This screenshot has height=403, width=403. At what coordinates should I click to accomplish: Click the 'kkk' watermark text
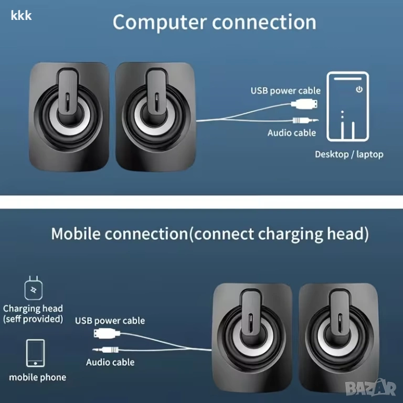pos(21,15)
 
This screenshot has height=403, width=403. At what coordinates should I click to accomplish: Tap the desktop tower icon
pos(348,107)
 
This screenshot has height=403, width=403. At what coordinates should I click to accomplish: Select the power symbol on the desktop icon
pos(359,89)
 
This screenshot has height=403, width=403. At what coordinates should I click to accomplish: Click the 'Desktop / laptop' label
pos(349,154)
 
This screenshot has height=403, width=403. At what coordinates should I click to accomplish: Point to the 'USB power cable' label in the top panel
pos(285,91)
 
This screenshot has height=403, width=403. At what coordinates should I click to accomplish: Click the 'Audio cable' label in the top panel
pos(292,133)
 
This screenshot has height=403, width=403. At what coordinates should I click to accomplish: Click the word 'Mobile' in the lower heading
pos(76,234)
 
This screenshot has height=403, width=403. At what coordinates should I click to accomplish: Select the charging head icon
pos(33,290)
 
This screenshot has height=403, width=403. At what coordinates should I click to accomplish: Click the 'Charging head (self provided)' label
pos(33,313)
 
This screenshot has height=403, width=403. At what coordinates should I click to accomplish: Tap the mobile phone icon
pos(36,353)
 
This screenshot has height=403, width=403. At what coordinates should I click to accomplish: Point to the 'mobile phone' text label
pos(38,377)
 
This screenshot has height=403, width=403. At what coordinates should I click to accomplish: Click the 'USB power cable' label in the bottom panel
pos(110,321)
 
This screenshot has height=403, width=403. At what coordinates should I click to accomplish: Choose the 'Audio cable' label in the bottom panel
pos(110,362)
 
